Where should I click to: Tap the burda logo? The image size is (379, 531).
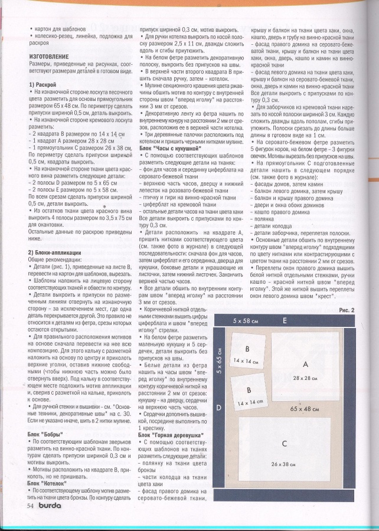[x=52, y=505]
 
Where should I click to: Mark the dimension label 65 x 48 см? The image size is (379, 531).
[x=305, y=408]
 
